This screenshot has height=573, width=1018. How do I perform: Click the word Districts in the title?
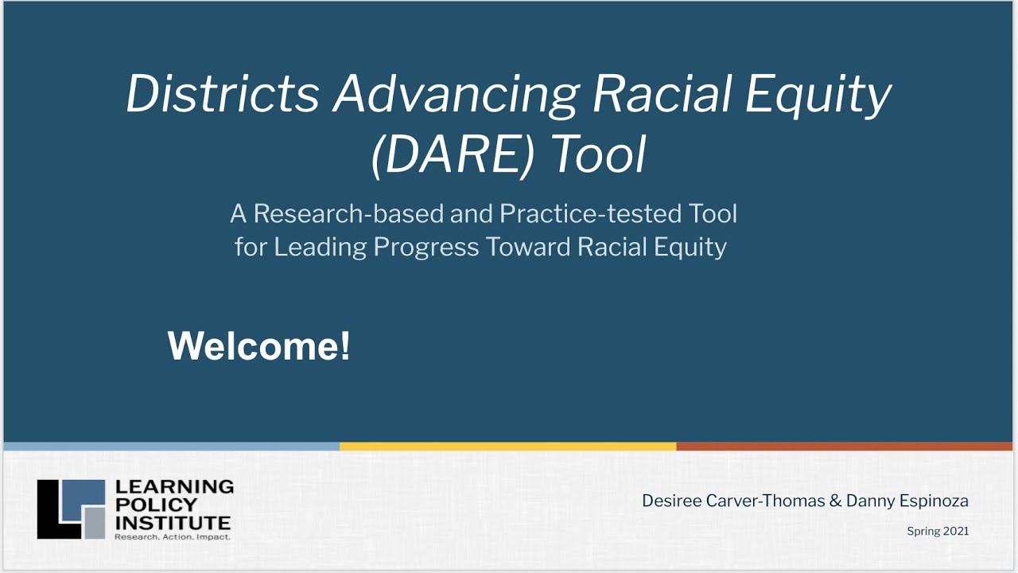(223, 95)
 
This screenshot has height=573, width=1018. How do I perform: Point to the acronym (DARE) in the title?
(453, 154)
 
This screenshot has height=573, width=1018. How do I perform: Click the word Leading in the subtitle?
(320, 248)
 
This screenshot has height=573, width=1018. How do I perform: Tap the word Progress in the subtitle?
(426, 248)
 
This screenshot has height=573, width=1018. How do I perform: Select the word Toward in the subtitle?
(528, 248)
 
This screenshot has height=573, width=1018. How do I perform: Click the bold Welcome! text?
(258, 346)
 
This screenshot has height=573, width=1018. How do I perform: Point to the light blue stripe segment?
(172, 446)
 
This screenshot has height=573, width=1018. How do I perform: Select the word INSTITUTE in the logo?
(173, 523)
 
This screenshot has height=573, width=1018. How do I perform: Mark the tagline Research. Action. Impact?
(173, 537)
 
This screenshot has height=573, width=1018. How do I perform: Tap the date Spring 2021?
(938, 531)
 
